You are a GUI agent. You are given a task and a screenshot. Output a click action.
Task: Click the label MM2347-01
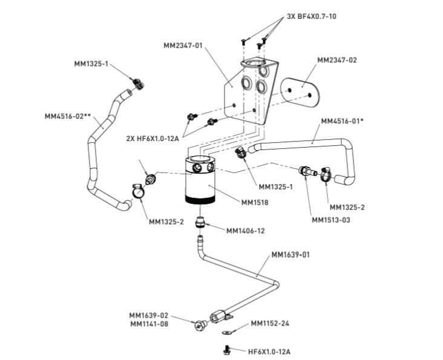pos(183,45)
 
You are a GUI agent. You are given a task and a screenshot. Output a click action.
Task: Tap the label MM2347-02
pos(336,60)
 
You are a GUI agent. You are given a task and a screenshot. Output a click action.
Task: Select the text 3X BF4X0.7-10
pos(312,16)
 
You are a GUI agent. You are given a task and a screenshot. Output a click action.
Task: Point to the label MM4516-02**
pos(68,116)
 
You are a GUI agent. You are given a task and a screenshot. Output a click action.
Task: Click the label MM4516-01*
pos(342,121)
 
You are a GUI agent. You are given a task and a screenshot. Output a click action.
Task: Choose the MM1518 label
pos(255,203)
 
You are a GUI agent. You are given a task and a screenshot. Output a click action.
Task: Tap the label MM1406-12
pos(246,231)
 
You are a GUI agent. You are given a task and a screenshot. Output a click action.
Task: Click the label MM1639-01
pos(290,255)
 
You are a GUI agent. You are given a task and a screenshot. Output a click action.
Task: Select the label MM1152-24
pos(270,323)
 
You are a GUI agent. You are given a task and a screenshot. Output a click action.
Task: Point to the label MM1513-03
pos(331,220)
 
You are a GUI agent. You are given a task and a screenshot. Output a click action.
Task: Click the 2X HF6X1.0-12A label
pos(153,139)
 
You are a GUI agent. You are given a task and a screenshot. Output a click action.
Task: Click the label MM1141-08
pos(149,324)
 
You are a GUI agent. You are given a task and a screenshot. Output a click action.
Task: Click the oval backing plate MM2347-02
pos(300,93)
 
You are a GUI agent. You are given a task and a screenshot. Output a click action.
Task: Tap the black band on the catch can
pos(200,199)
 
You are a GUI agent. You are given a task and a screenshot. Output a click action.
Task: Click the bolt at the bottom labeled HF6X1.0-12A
pos(226,350)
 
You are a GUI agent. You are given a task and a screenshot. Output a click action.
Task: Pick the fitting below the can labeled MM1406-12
pos(200,221)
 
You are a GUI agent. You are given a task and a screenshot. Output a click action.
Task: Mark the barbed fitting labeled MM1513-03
pos(307,171)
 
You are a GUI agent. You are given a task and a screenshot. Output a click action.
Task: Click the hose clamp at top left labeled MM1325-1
pos(138,83)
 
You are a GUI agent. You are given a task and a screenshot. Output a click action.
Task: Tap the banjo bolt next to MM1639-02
pos(200,326)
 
